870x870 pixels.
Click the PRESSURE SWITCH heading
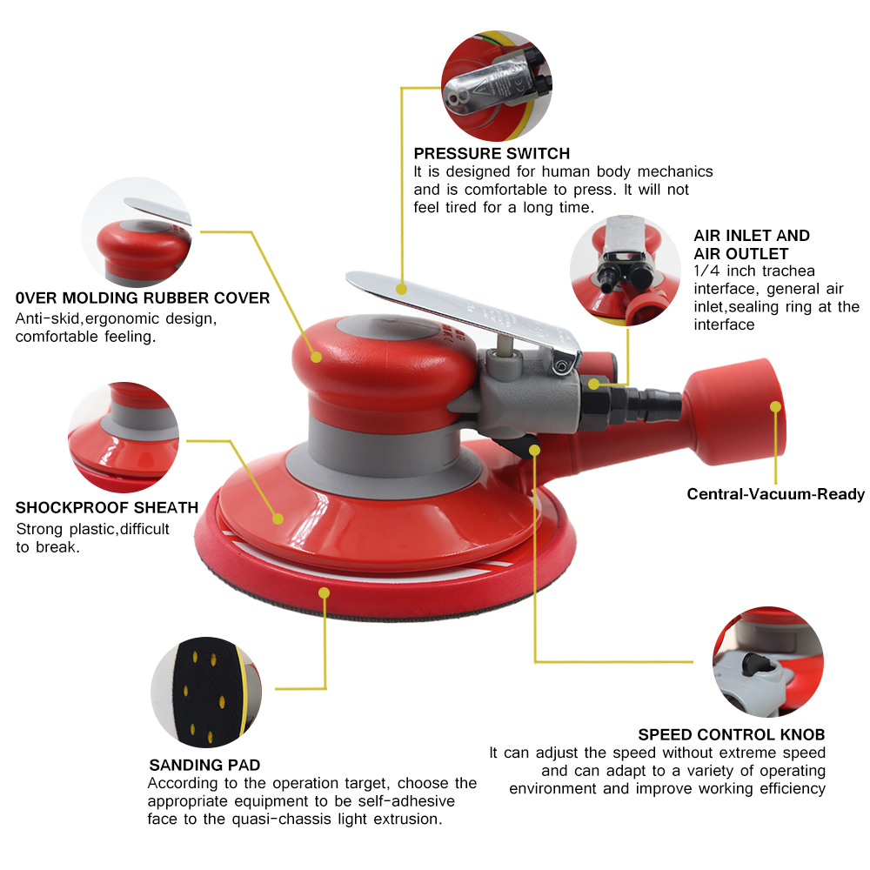point(492,153)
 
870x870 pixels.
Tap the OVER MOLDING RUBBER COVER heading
point(143,298)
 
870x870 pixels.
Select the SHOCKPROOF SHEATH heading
point(106,508)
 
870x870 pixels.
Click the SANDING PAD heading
point(204,765)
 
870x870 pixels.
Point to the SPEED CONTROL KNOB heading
point(732,734)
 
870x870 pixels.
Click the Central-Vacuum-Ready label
point(776,494)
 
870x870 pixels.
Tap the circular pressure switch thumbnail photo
point(497,86)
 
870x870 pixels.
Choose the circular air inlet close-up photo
point(626,271)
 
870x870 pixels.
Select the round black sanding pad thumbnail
point(206,692)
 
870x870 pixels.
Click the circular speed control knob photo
point(768,662)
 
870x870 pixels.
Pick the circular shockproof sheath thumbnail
point(124,438)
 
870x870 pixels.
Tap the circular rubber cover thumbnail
point(137,232)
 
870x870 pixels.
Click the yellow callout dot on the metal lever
point(402,289)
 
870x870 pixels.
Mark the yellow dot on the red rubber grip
point(317,357)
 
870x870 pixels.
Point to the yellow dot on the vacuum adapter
point(776,406)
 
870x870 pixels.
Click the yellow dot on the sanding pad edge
point(324,593)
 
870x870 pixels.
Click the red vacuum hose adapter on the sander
point(733,413)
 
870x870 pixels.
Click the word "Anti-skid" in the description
point(47,318)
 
